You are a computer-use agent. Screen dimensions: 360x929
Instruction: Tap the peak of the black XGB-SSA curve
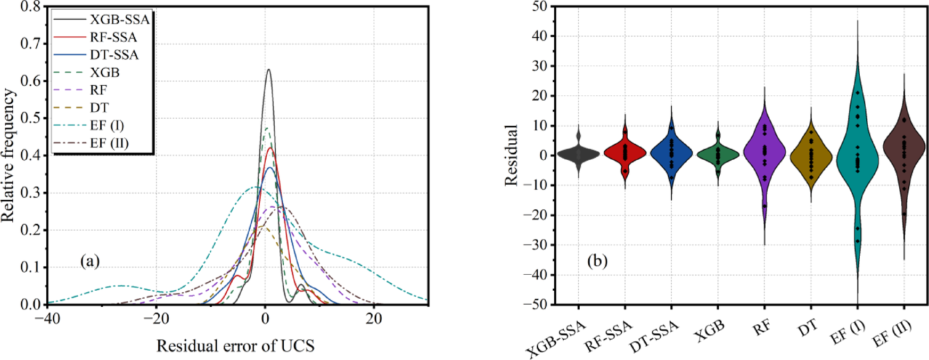click(x=269, y=70)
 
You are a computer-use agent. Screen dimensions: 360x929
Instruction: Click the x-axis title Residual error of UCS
click(x=235, y=346)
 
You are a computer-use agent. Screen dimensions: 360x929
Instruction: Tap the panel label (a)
click(x=90, y=261)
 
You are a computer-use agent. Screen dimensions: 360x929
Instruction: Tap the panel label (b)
click(x=597, y=261)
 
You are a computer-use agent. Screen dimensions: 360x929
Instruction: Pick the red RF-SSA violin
click(x=625, y=153)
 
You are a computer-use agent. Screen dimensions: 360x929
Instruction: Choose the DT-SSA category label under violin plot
click(x=655, y=338)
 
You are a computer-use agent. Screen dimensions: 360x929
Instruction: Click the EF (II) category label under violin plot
click(x=893, y=334)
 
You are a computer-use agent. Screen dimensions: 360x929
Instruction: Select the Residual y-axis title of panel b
click(x=511, y=156)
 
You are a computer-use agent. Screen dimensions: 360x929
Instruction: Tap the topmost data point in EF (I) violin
click(x=857, y=93)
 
